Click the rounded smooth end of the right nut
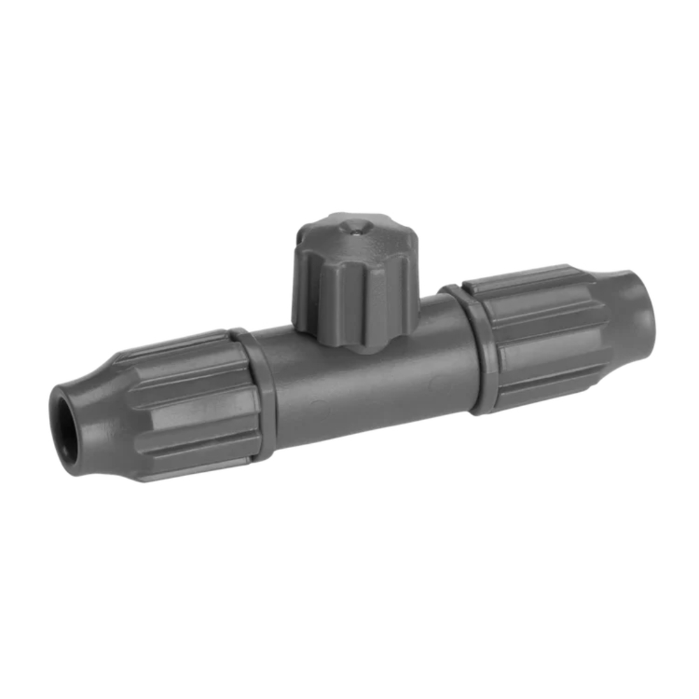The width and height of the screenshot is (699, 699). pos(633,308)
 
